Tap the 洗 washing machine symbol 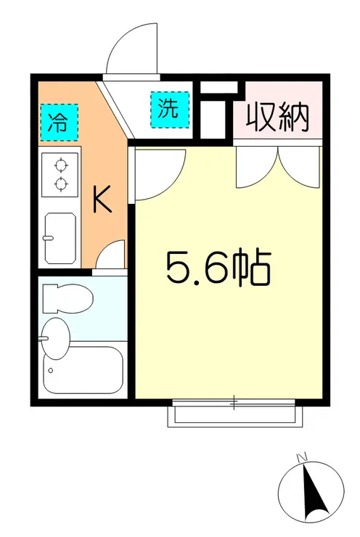point(168,110)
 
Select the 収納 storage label point(277,116)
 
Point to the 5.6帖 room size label point(218,269)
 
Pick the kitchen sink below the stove point(60,237)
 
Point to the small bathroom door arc point(111,256)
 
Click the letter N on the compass point(302,457)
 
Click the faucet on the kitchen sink point(49,237)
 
